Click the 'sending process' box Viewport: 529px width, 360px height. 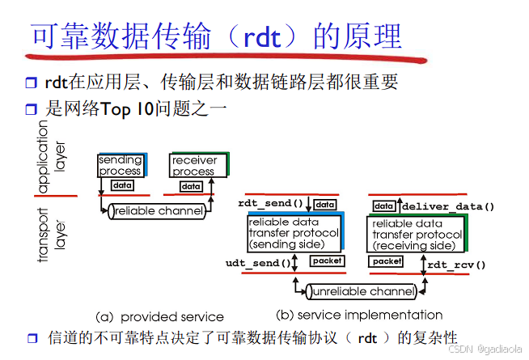click(121, 166)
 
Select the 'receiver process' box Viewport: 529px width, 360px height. click(194, 166)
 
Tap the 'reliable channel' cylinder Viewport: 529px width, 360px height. click(156, 210)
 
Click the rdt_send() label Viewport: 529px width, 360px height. click(270, 204)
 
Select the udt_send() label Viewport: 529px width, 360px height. click(257, 263)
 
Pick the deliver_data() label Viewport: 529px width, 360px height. click(447, 206)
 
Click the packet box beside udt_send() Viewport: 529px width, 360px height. click(327, 261)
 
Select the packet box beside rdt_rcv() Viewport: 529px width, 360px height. click(387, 261)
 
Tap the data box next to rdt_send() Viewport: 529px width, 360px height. click(325, 205)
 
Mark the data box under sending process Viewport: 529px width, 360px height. click(122, 186)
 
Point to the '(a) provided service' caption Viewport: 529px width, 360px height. click(159, 316)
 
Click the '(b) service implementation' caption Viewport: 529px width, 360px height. click(359, 314)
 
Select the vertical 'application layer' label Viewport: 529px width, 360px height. click(53, 157)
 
